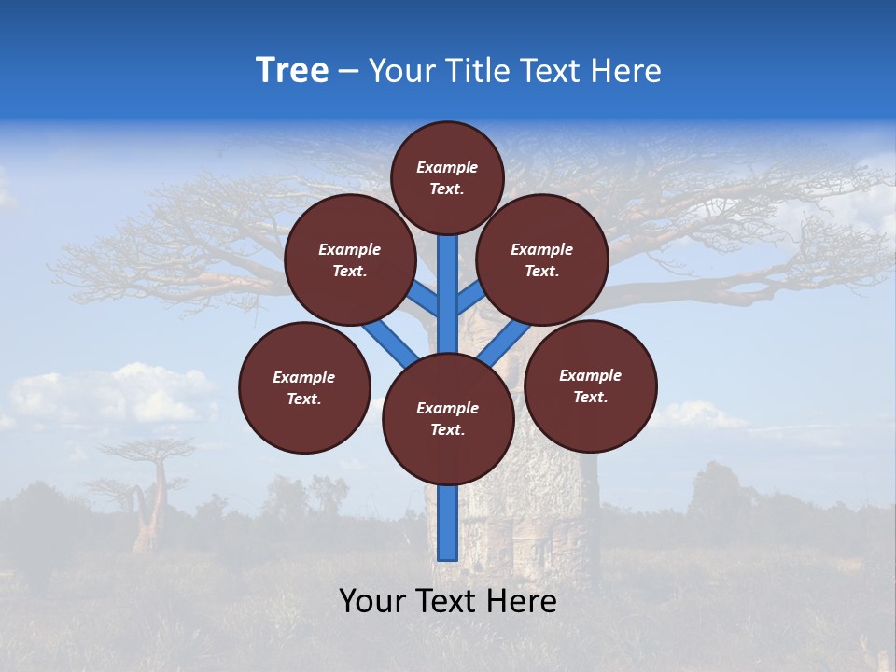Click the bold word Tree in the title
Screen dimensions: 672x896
[292, 70]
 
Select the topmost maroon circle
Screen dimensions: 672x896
[447, 177]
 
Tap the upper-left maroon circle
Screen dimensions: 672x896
[350, 259]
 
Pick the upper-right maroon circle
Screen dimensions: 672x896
[542, 259]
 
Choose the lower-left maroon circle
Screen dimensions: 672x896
[304, 387]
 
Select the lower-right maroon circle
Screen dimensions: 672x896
[591, 385]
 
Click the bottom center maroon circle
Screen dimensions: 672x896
[448, 419]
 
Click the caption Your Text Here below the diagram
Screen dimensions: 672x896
[448, 601]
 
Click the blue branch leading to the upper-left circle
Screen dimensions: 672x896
[426, 300]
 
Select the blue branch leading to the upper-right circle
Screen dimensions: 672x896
[469, 300]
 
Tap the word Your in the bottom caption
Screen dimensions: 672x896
[371, 601]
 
